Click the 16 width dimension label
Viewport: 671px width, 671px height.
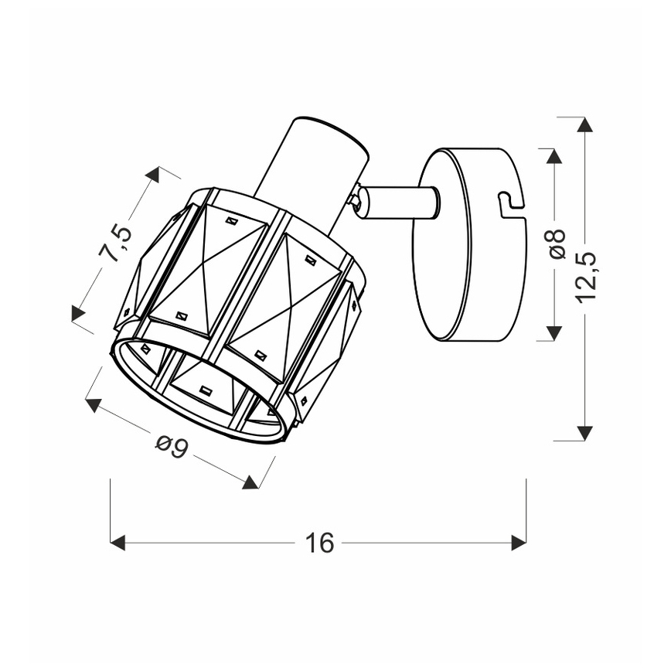tap(318, 543)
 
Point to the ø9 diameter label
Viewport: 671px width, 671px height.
tap(172, 448)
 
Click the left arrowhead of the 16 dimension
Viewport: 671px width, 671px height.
tap(118, 543)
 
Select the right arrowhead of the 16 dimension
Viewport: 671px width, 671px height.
tap(519, 543)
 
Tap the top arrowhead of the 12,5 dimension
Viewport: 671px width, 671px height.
tap(585, 124)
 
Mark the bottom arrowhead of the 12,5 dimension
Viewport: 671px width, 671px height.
tap(585, 433)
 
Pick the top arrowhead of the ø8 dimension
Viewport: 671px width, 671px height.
tap(553, 155)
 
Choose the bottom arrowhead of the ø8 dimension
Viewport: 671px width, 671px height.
tap(553, 333)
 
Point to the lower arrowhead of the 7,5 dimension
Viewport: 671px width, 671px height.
tap(78, 312)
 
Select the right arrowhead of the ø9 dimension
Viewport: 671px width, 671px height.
tap(250, 482)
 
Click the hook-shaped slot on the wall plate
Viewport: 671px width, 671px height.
tap(509, 203)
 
